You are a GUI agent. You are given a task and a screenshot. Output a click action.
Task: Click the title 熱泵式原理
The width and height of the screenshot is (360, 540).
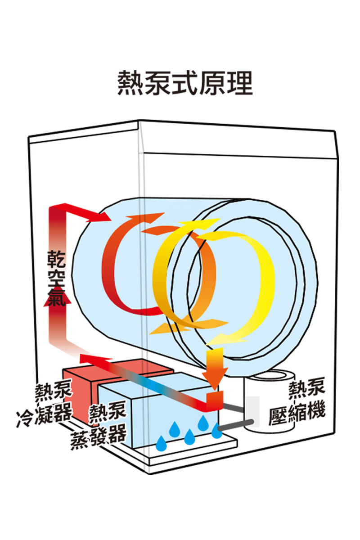pyautogui.click(x=185, y=83)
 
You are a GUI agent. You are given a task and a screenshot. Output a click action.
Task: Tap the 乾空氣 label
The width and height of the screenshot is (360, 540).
pyautogui.click(x=56, y=278)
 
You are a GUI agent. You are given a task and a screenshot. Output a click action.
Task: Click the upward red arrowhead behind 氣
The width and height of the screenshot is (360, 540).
pyautogui.click(x=58, y=297)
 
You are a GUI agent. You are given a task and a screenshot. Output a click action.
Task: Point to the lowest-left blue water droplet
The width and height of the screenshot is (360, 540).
pyautogui.click(x=161, y=443)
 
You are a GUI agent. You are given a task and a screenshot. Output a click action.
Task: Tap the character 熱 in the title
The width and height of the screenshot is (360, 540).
pyautogui.click(x=130, y=83)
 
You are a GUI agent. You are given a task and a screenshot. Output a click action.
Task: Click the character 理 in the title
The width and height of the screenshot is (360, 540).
pyautogui.click(x=240, y=83)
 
